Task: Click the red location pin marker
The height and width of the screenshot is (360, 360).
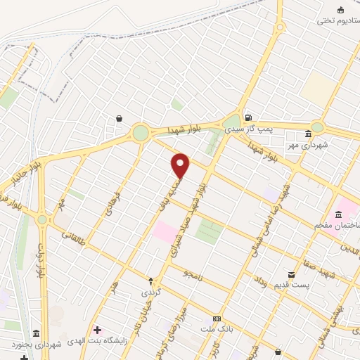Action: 181,165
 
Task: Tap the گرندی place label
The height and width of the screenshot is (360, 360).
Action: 150,291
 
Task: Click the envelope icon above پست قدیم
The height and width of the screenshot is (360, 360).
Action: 291,274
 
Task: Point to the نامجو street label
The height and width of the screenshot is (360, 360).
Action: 192,276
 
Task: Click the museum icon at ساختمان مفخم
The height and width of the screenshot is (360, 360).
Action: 338,214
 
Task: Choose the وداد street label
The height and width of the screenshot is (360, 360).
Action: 260,284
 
